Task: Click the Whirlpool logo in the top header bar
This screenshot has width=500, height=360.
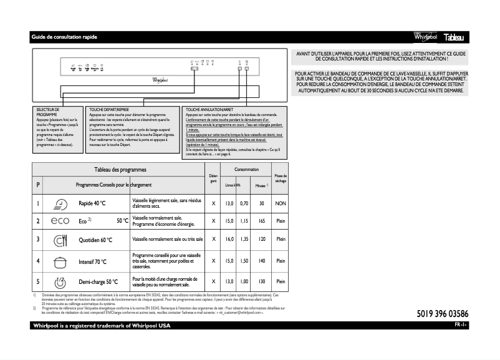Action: point(425,38)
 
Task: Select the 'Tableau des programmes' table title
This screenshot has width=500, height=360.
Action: point(120,170)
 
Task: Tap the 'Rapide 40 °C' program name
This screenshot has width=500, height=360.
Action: point(92,203)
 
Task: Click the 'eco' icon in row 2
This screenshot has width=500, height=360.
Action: point(60,221)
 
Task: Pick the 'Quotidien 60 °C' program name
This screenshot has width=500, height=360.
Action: point(95,240)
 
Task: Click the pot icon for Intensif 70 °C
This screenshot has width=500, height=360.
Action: point(60,261)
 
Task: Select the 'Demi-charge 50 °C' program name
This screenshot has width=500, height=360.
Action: point(99,281)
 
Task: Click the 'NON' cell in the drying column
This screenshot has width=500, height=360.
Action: point(281,203)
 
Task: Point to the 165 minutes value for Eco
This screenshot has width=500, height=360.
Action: point(262,221)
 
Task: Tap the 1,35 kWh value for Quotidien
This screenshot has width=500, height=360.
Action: point(245,240)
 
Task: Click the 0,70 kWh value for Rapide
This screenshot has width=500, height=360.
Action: point(245,203)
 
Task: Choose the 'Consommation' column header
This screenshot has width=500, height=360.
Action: point(246,170)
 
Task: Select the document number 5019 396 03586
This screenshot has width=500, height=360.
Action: point(443,313)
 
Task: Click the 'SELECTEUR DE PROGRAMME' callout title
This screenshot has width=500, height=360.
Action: point(48,112)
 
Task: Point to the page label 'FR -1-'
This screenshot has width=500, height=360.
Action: point(461,326)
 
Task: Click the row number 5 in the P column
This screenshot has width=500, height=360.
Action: point(38,281)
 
